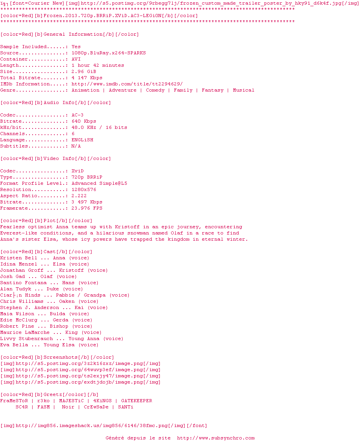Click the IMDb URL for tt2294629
point(127,84)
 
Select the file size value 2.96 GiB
point(84,72)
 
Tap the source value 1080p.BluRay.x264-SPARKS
point(109,53)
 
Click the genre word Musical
point(243,90)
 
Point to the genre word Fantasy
point(213,90)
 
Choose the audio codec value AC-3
point(78,115)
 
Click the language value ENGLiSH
point(82,140)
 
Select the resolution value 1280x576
point(84,189)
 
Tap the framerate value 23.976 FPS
point(87,208)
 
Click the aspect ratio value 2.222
point(79,196)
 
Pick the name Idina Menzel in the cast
point(19,264)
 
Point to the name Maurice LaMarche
point(25,332)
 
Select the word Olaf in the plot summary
point(177,233)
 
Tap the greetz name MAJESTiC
point(71,401)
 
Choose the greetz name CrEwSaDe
point(96,407)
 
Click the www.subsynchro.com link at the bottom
point(216,438)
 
